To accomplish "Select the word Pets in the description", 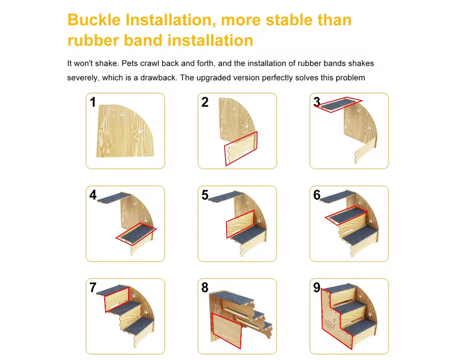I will click(x=129, y=63).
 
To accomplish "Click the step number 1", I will click(x=93, y=102).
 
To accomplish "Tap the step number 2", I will click(x=205, y=102).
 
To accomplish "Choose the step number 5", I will click(x=205, y=195).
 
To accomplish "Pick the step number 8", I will click(x=205, y=288).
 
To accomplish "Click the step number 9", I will click(x=317, y=288).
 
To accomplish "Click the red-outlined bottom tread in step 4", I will click(x=136, y=234).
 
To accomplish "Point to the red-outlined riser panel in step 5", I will click(x=240, y=224).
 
